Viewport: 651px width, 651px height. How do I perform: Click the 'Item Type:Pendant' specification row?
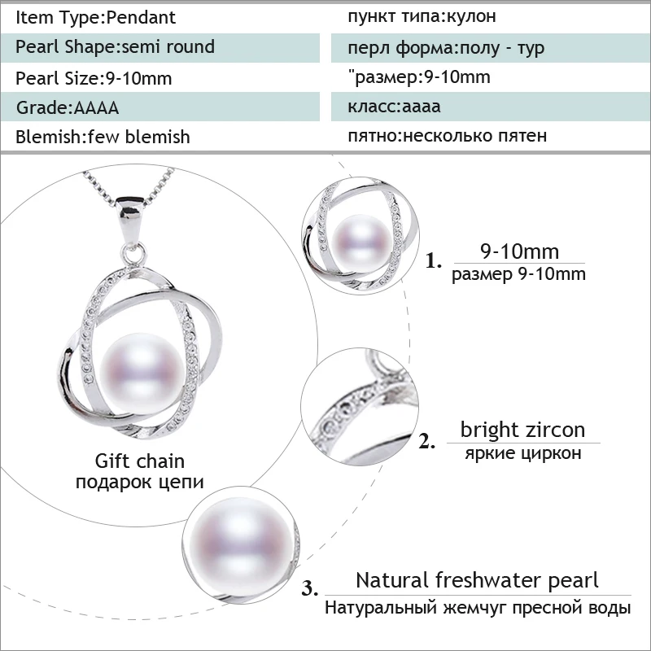coord(95,17)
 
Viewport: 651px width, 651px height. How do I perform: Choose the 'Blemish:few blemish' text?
coord(103,137)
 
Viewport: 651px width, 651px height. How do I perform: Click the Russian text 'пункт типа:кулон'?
coord(422,16)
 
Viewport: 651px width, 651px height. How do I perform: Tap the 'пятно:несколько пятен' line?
coord(447,136)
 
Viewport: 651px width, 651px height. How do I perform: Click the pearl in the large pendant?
coord(142,374)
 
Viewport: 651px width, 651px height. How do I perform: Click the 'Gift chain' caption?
coord(140,461)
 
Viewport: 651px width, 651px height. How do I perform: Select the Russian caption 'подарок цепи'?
coord(140,483)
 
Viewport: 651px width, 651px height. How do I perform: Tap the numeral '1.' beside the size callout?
coord(434,261)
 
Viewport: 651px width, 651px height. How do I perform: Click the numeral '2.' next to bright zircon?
coord(427,441)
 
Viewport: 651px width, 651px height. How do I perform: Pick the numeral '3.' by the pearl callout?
coord(310,588)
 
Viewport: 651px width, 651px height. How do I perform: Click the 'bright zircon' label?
coord(522,430)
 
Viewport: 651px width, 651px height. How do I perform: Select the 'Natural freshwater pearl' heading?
coord(477,580)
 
